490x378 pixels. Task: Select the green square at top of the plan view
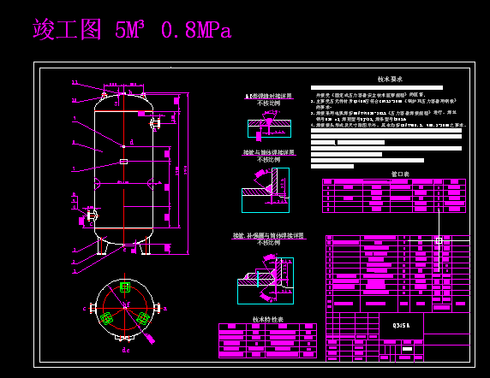pos(125,286)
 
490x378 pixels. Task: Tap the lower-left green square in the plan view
pos(106,318)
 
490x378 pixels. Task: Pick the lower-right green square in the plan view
pos(143,318)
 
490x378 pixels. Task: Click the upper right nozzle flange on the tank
pos(154,124)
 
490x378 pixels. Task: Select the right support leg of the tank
pos(145,246)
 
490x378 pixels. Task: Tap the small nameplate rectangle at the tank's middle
pos(124,161)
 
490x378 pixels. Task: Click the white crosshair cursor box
pos(439,241)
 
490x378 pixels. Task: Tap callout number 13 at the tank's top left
pos(75,83)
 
